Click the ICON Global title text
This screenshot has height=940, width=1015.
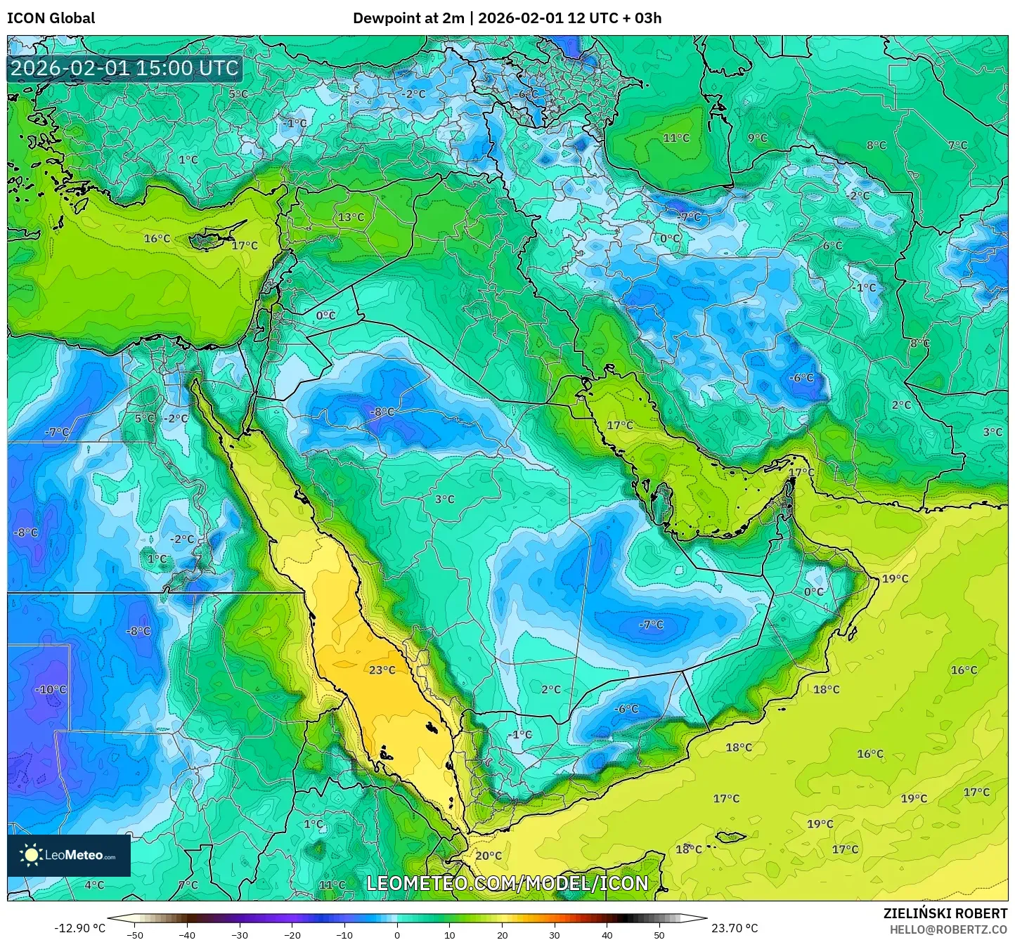click(51, 18)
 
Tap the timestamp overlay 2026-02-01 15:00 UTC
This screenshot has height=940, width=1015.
click(124, 68)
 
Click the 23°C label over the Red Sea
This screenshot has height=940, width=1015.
click(382, 670)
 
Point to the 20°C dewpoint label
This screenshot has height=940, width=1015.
click(489, 856)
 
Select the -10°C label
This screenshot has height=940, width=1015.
click(51, 689)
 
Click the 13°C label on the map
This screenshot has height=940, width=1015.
click(351, 217)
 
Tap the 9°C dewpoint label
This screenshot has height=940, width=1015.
click(757, 138)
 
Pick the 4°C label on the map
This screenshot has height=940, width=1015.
click(94, 884)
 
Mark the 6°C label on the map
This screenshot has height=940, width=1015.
click(832, 245)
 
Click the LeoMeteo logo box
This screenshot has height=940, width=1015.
click(69, 855)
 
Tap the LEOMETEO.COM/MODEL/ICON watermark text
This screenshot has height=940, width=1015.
click(507, 883)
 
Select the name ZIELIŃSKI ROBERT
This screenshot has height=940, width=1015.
click(945, 913)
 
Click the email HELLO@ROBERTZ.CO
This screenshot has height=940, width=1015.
click(948, 929)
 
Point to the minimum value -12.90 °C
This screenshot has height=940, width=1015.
click(79, 928)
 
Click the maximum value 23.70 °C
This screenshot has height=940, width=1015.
click(735, 928)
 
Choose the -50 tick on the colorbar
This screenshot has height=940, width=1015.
click(134, 935)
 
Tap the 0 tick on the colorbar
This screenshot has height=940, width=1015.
click(397, 935)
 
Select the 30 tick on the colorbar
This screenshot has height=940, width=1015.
click(555, 935)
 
